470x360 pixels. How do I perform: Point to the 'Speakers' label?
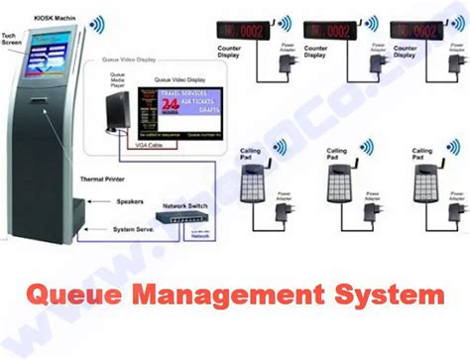pyautogui.click(x=131, y=200)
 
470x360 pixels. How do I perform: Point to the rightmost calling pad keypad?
pyautogui.click(x=425, y=184)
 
